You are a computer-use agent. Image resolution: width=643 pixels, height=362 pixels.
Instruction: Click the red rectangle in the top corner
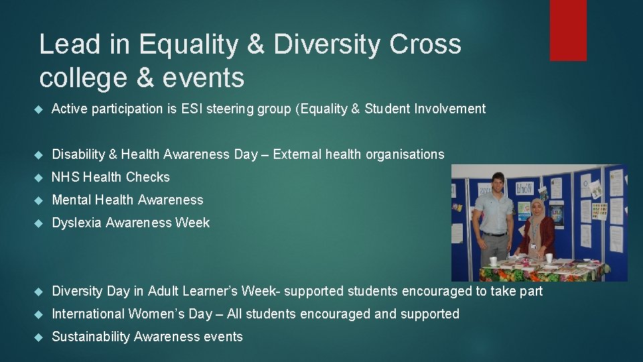pyautogui.click(x=568, y=30)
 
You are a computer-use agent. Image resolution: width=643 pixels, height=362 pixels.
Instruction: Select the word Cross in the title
pyautogui.click(x=426, y=44)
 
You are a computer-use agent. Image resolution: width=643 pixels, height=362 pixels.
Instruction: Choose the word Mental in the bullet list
pyautogui.click(x=72, y=200)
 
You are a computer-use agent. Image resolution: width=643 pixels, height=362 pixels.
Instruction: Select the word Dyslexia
pyautogui.click(x=77, y=223)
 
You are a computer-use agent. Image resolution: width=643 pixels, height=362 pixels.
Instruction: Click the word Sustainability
pyautogui.click(x=91, y=337)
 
